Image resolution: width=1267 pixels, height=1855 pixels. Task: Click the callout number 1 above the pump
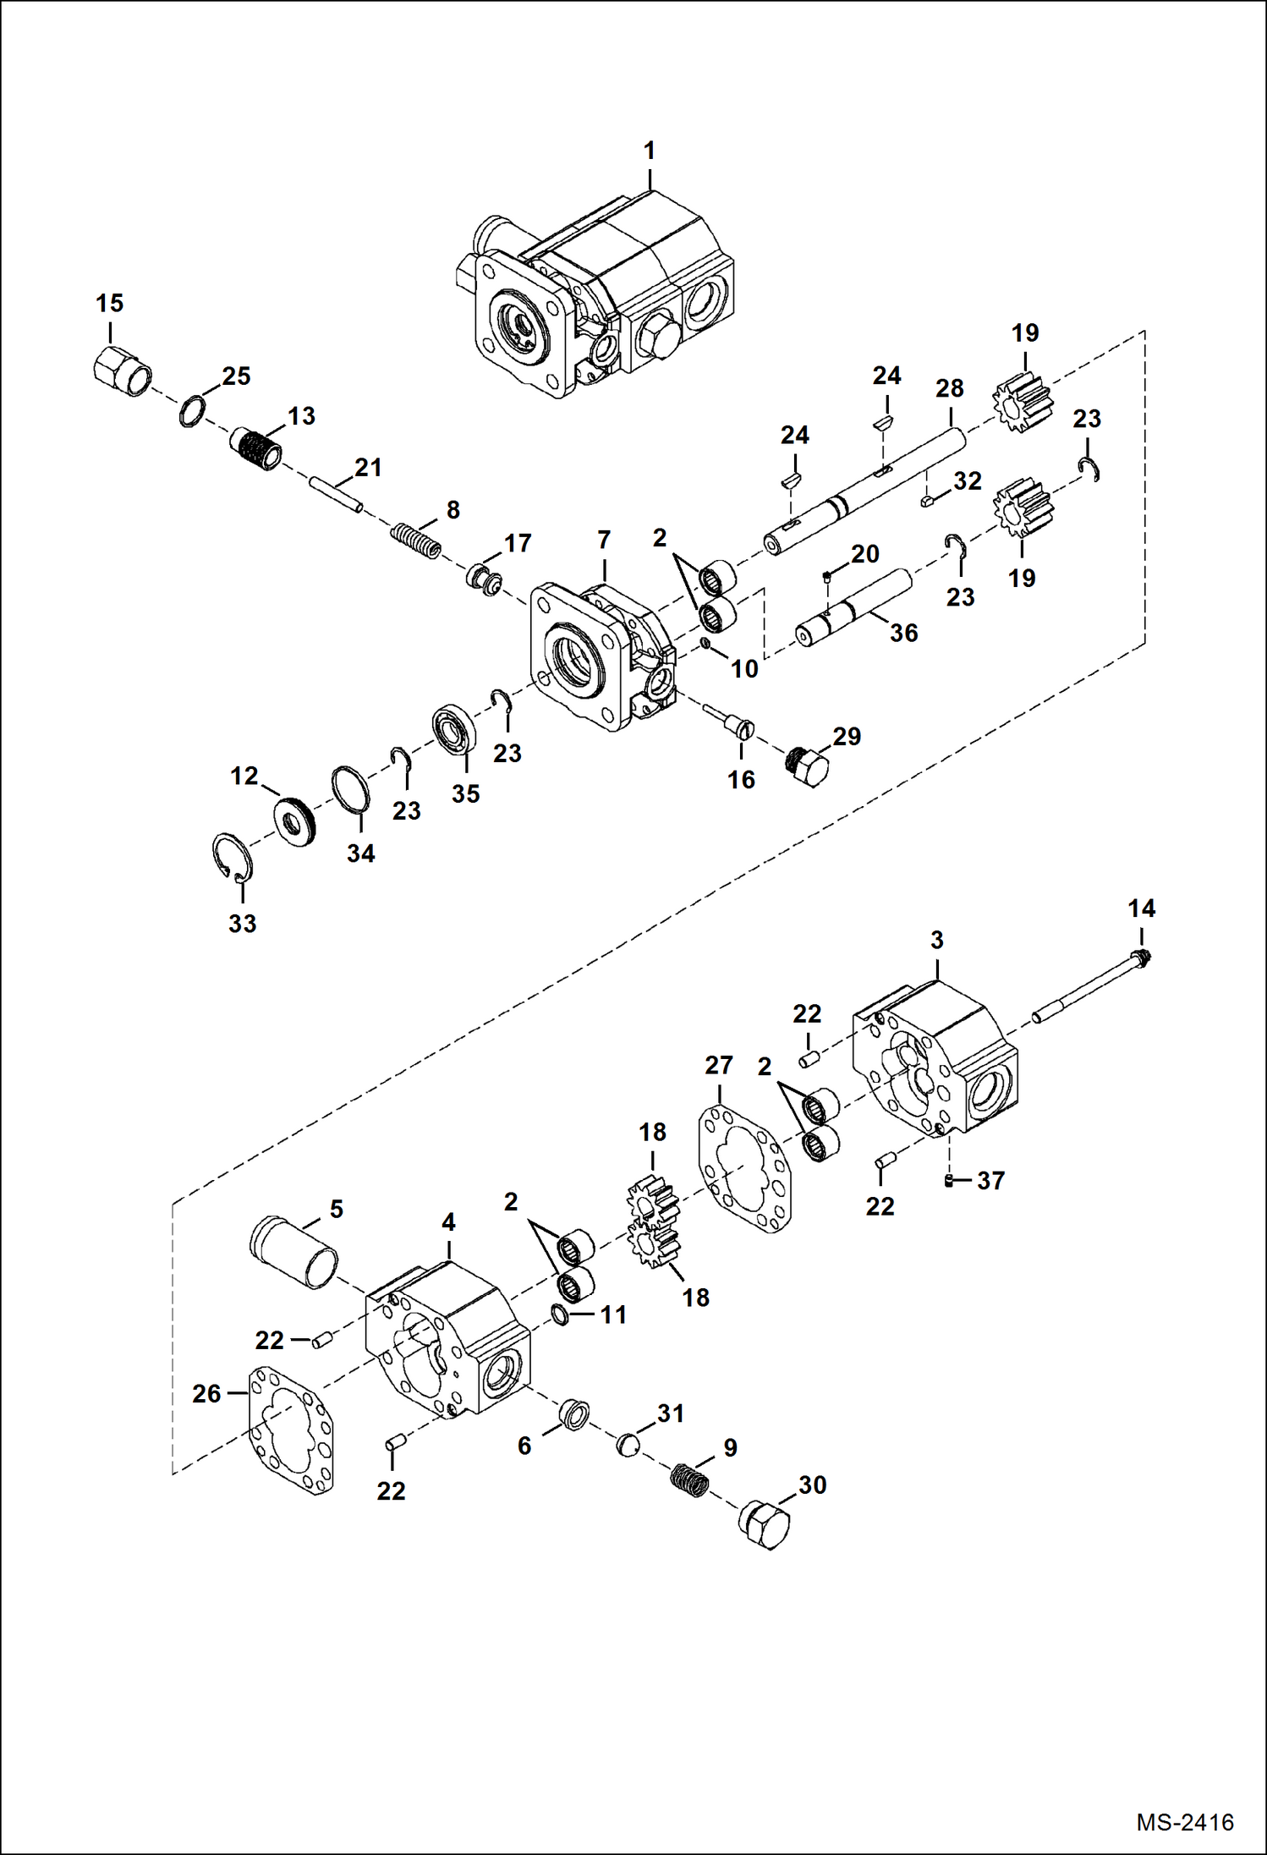(x=649, y=151)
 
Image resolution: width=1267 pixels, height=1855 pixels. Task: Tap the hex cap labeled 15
(x=122, y=372)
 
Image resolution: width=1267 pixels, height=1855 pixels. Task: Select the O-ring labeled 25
(x=192, y=411)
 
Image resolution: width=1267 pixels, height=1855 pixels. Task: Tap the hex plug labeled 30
(x=765, y=1524)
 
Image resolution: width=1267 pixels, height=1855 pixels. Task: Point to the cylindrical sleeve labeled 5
(x=294, y=1252)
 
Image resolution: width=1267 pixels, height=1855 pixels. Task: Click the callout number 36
(x=903, y=633)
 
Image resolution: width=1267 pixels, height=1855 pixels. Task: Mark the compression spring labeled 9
(x=690, y=1480)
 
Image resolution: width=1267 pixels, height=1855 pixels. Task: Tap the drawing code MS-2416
(x=1184, y=1822)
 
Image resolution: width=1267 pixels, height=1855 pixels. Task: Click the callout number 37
(x=990, y=1180)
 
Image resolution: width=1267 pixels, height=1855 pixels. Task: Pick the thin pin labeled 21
(x=336, y=495)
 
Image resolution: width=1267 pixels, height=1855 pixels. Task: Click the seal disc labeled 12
(x=295, y=820)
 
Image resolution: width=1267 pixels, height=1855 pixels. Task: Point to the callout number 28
(x=949, y=388)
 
